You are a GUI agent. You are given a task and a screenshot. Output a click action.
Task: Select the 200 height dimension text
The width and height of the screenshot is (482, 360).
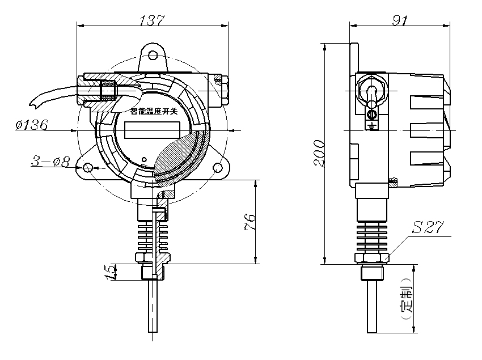click(320, 153)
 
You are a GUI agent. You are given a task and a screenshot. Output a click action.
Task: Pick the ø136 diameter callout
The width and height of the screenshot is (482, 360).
click(32, 125)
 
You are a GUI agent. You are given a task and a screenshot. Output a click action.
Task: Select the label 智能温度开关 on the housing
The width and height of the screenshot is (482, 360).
click(153, 113)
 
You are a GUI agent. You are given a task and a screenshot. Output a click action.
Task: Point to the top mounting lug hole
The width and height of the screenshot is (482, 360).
click(153, 54)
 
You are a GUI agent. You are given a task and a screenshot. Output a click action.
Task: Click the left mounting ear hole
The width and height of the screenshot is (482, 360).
click(87, 168)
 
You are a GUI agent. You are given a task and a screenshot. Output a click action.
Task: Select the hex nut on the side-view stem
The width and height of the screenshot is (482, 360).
click(372, 258)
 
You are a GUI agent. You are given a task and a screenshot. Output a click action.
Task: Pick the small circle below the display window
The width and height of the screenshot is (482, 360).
click(145, 159)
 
